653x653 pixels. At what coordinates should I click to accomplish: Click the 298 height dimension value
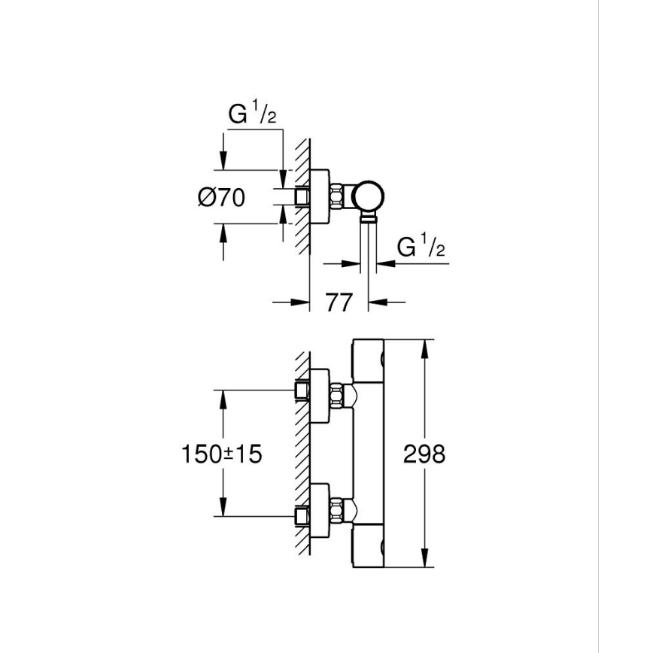(424, 454)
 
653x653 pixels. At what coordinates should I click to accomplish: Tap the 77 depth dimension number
(339, 303)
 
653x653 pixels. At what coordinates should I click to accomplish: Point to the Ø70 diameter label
(222, 198)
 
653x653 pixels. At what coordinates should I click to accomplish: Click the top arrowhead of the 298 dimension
(427, 347)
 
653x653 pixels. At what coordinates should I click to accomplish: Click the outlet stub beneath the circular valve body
(369, 220)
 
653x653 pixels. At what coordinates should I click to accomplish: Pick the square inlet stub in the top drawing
(303, 196)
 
